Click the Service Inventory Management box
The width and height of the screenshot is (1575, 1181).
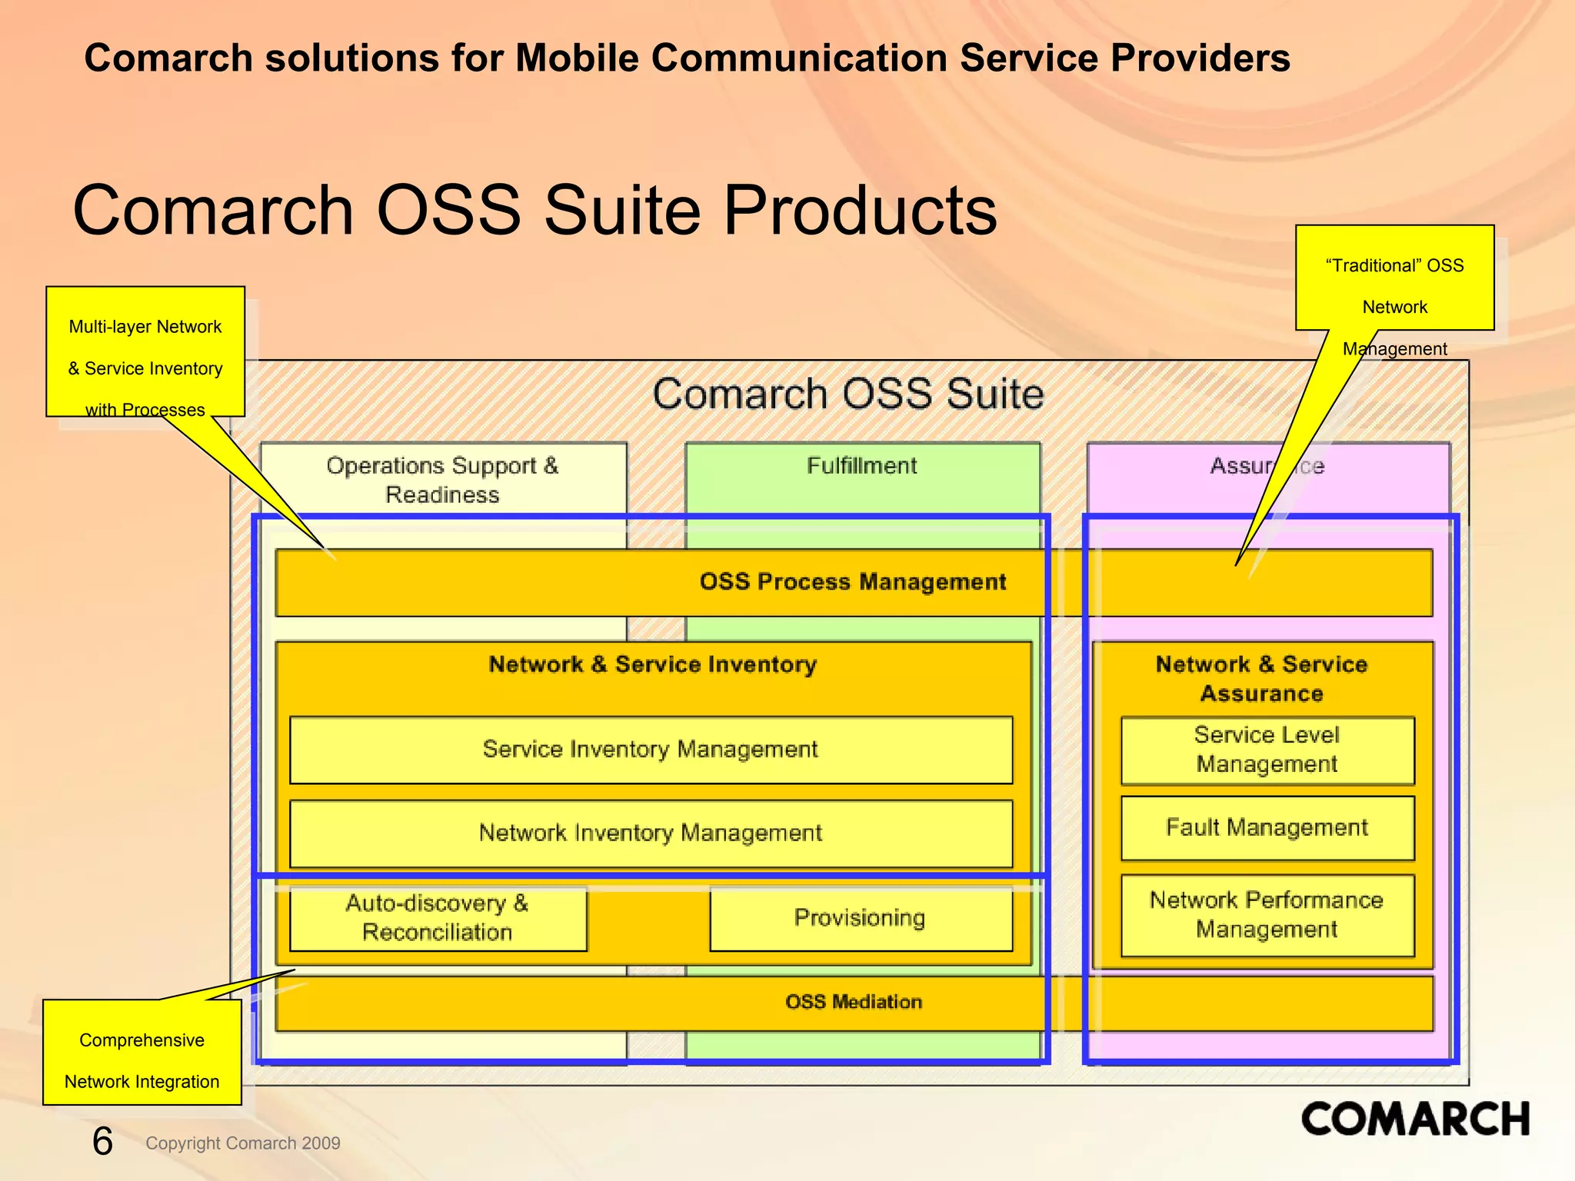coord(651,750)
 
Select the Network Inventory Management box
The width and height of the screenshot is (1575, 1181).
coord(651,833)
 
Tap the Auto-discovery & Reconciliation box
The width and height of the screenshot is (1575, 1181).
coord(438,918)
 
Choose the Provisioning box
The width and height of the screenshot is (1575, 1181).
coord(860,918)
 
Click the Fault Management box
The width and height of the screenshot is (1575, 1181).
coord(1267,828)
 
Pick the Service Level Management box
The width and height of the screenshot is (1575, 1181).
coord(1267,750)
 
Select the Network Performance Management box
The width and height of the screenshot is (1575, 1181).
coord(1267,915)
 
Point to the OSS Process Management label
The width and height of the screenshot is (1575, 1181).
coord(852,582)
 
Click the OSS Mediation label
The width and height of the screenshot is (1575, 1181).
coord(853,1002)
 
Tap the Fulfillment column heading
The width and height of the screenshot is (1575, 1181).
coord(861,466)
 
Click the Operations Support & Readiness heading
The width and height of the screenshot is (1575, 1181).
coord(442,480)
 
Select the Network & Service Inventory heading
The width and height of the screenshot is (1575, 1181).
coord(652,664)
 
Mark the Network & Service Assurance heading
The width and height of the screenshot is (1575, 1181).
coord(1261,679)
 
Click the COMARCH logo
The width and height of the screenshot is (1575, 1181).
coord(1414,1119)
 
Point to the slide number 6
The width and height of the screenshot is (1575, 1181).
coord(102,1141)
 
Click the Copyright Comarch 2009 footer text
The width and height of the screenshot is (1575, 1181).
coord(242,1143)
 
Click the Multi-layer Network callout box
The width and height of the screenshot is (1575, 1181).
coord(145,351)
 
